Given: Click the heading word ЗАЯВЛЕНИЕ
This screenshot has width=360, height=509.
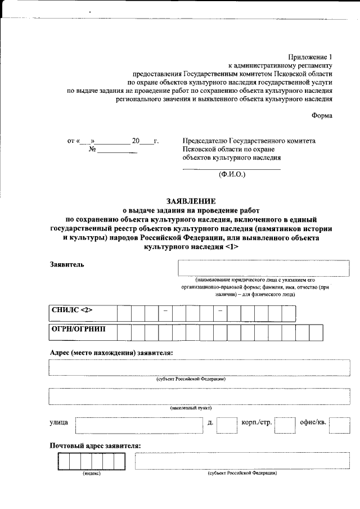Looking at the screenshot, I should click(191, 201).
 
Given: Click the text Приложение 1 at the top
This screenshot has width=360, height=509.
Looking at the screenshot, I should click(310, 57).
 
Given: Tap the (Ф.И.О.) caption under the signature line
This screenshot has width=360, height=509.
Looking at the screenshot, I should click(232, 174).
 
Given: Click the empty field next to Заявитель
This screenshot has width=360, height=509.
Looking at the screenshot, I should click(259, 268).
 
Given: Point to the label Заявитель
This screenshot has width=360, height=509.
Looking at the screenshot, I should click(67, 265).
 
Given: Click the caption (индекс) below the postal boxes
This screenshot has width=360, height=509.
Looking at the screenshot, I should click(92, 474).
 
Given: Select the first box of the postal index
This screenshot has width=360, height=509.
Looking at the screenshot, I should click(63, 461).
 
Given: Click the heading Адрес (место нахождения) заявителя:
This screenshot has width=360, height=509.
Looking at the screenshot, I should click(111, 353).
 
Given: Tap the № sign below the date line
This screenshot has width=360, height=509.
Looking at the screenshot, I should click(93, 150).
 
